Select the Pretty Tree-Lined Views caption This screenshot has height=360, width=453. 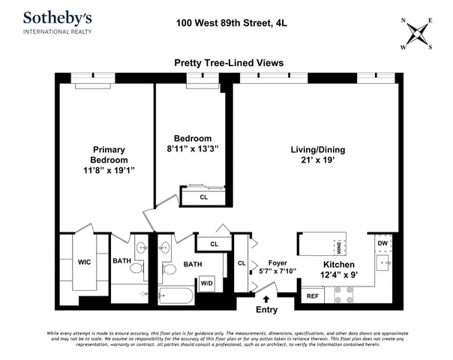coord(228,64)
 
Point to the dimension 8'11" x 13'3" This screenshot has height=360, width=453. coord(193,148)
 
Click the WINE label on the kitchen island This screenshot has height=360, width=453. coord(337,244)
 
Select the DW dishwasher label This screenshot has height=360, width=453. coord(382,243)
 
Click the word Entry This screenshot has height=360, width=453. coord(266,310)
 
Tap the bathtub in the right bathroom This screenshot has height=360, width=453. coord(175,295)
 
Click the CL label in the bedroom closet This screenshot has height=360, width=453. coord(203,197)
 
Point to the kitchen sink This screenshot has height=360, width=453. coord(383,262)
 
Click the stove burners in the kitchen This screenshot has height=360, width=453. coord(344,297)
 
